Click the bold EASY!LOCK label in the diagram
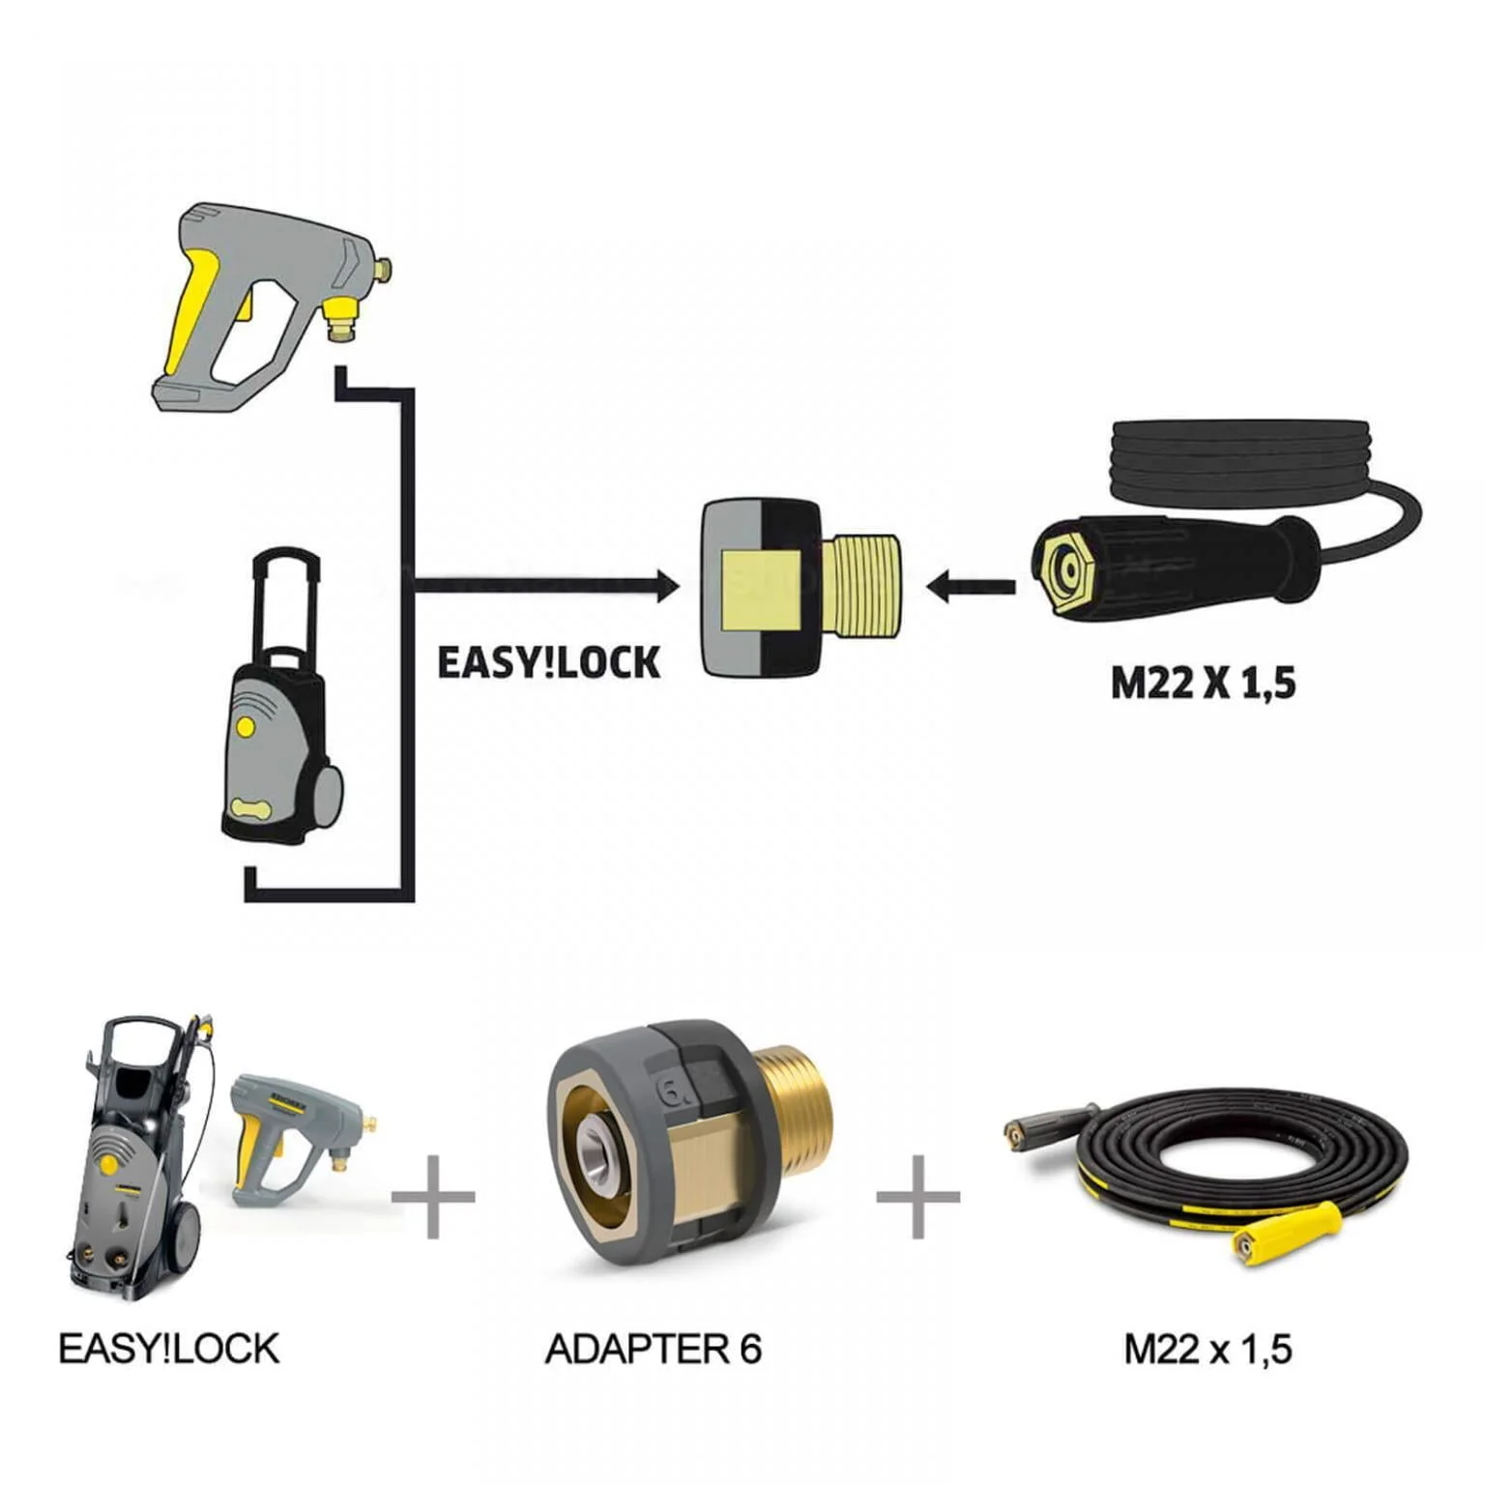548,663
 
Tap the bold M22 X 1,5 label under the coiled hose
1202,684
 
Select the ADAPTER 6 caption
654,1348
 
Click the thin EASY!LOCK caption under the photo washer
169,1348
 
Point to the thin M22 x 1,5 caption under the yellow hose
1208,1349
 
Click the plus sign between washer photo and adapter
433,1197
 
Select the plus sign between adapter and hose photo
917,1197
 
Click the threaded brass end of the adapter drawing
866,586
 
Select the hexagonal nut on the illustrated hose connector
1063,571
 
